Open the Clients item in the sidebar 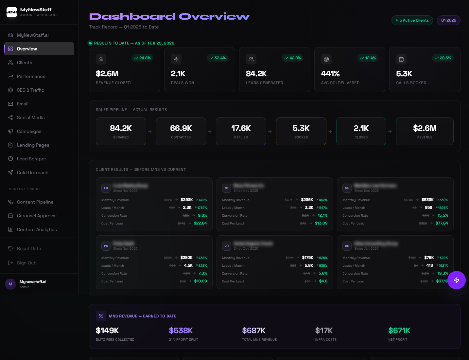tap(24, 63)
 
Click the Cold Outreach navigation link tap(32, 172)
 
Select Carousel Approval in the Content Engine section tap(37, 216)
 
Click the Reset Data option tap(29, 248)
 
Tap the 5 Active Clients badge tap(412, 20)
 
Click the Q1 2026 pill tap(448, 20)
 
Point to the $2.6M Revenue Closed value tap(107, 74)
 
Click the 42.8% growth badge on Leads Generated tap(292, 58)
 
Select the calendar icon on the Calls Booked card tap(401, 59)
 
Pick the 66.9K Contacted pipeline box tap(181, 131)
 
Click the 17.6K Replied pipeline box tap(241, 131)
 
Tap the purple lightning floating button tap(457, 280)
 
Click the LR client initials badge tap(106, 188)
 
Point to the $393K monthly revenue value tap(186, 200)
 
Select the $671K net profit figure tap(399, 331)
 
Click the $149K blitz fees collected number tap(107, 331)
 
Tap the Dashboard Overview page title tap(169, 16)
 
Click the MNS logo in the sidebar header tap(12, 12)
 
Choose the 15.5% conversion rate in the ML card tap(443, 215)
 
